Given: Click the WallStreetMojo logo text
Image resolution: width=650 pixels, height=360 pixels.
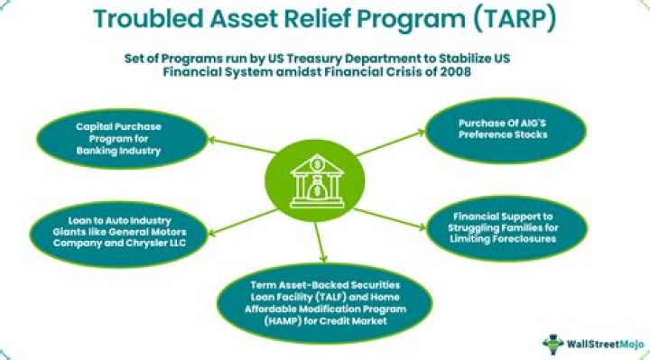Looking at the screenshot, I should (x=600, y=344).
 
